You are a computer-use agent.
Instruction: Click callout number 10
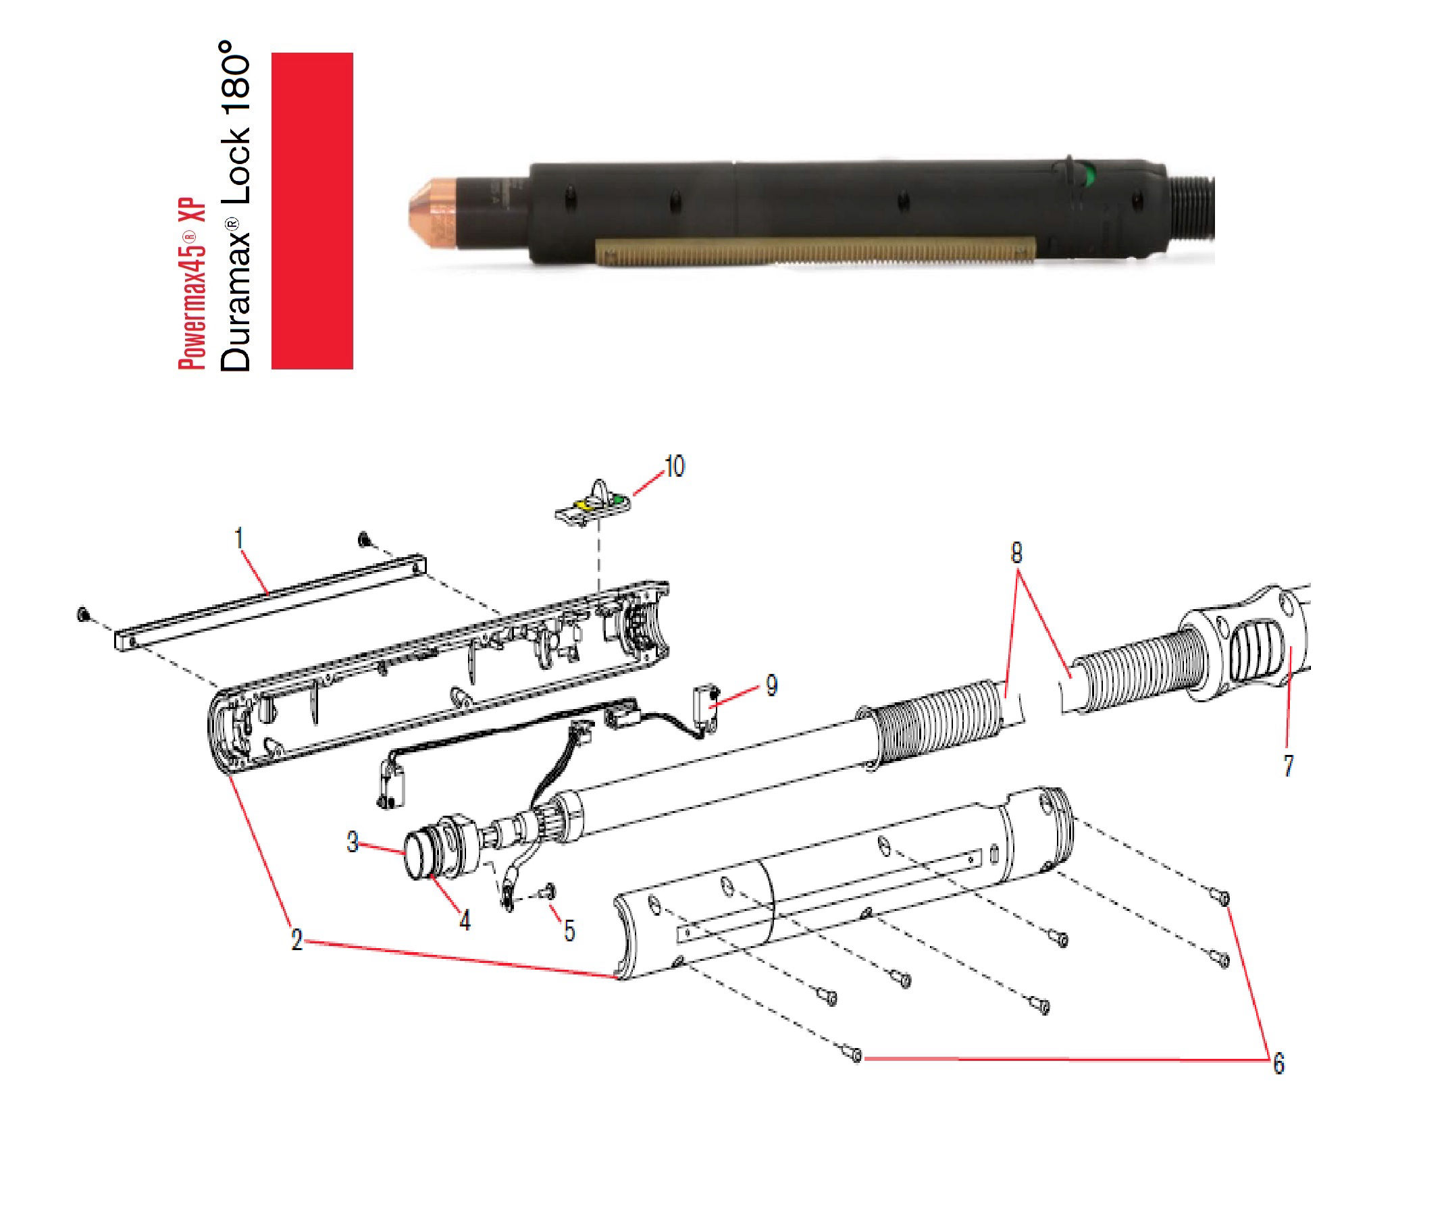point(675,466)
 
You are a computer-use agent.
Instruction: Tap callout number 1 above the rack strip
point(239,538)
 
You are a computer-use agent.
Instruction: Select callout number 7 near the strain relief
point(1288,766)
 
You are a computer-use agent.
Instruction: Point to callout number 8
point(1016,553)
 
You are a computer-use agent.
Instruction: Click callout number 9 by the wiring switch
point(771,685)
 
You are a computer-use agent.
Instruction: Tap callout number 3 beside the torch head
point(353,842)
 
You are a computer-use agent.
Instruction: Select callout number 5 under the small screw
point(569,931)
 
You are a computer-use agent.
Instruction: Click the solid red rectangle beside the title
point(311,211)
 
